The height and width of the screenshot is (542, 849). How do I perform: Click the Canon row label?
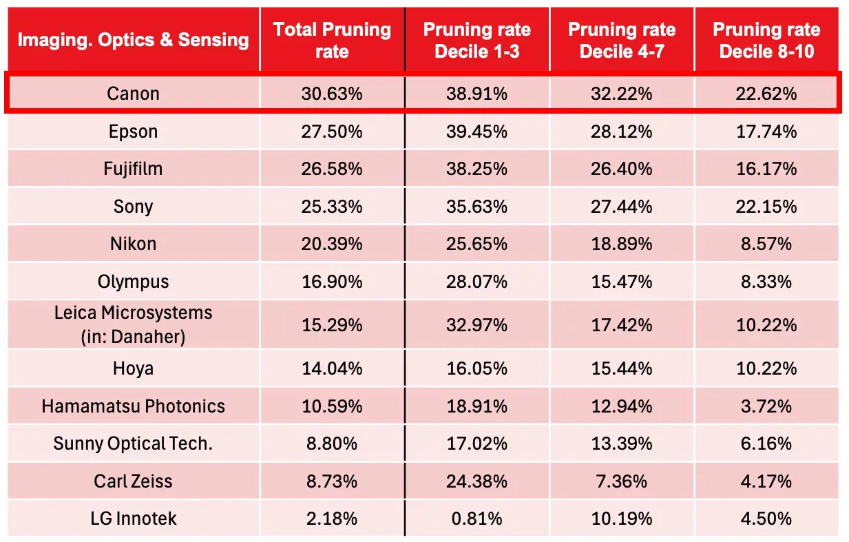pyautogui.click(x=133, y=94)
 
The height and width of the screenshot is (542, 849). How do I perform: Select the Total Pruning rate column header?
pyautogui.click(x=332, y=40)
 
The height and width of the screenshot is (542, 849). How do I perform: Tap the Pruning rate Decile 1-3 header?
pyautogui.click(x=476, y=40)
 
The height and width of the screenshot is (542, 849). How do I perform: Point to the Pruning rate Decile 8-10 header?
pyautogui.click(x=766, y=40)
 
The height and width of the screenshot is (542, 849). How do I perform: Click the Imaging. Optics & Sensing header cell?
pyautogui.click(x=133, y=39)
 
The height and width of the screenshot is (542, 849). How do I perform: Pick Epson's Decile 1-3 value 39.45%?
pyautogui.click(x=476, y=132)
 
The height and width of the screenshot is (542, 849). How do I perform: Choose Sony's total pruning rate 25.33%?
pyautogui.click(x=332, y=207)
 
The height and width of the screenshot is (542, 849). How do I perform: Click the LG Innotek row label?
pyautogui.click(x=133, y=519)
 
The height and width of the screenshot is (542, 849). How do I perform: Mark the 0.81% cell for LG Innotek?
pyautogui.click(x=476, y=519)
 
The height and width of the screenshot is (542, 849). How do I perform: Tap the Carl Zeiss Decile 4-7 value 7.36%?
pyautogui.click(x=622, y=481)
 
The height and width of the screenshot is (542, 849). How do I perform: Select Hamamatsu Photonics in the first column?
pyautogui.click(x=133, y=406)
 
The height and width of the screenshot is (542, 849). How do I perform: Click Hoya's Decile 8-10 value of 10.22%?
pyautogui.click(x=766, y=368)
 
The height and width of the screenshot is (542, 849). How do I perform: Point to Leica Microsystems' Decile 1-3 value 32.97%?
pyautogui.click(x=476, y=325)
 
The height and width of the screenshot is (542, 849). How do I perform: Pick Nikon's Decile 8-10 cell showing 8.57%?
pyautogui.click(x=766, y=244)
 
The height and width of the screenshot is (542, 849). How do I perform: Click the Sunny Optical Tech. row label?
pyautogui.click(x=133, y=444)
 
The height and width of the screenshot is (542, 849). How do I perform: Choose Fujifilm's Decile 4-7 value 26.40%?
pyautogui.click(x=622, y=169)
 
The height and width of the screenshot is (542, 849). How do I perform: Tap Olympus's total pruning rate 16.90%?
pyautogui.click(x=332, y=282)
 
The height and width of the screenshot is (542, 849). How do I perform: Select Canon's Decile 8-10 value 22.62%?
pyautogui.click(x=766, y=94)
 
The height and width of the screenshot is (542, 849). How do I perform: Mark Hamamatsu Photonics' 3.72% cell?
pyautogui.click(x=766, y=406)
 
